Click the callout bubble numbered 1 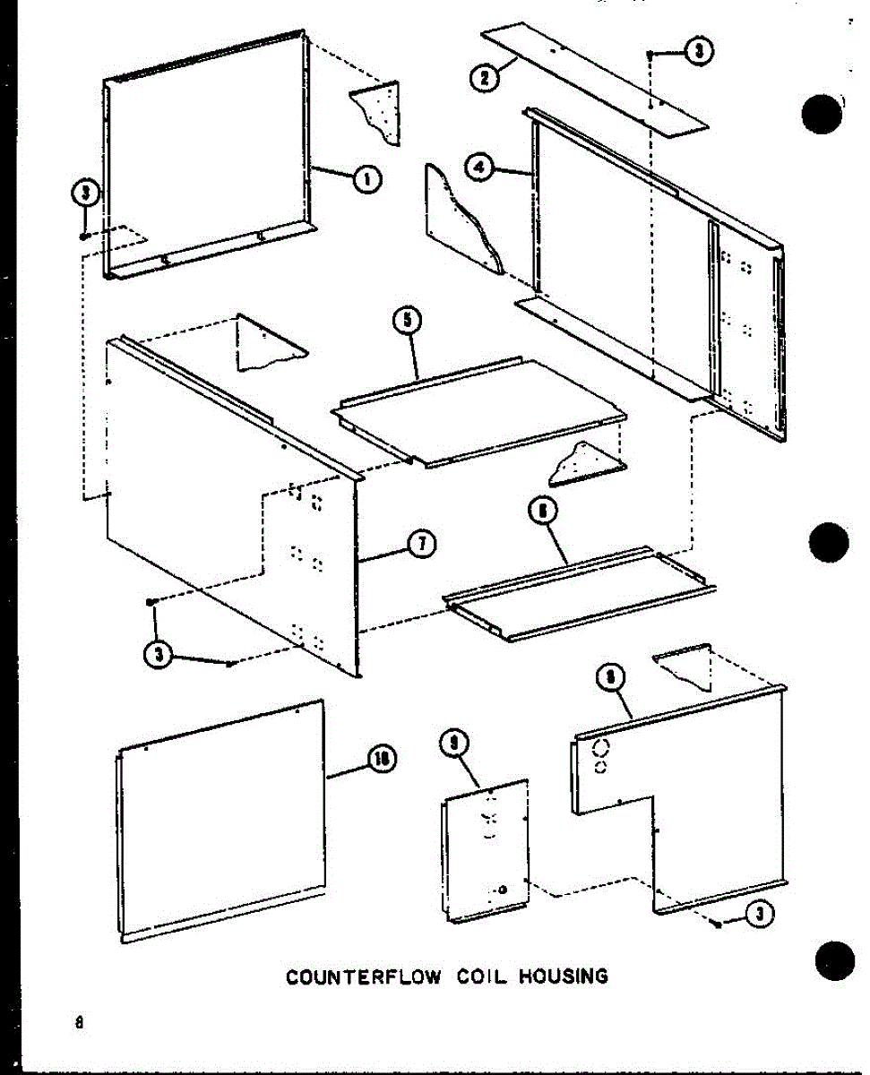365,179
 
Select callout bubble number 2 484,76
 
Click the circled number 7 418,544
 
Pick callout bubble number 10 383,760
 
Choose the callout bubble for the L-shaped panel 609,678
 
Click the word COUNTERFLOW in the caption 363,976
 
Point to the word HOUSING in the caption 564,976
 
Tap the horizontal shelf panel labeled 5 479,408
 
